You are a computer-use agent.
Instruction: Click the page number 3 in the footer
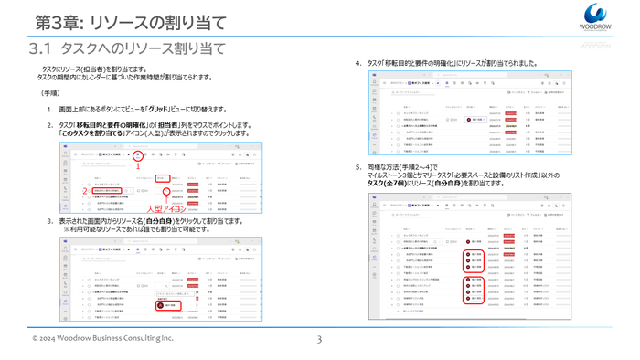pyautogui.click(x=320, y=340)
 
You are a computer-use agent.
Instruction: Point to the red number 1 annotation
pyautogui.click(x=137, y=167)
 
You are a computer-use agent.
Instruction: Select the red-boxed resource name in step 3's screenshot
pyautogui.click(x=169, y=280)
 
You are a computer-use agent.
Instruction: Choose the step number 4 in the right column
pyautogui.click(x=357, y=63)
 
